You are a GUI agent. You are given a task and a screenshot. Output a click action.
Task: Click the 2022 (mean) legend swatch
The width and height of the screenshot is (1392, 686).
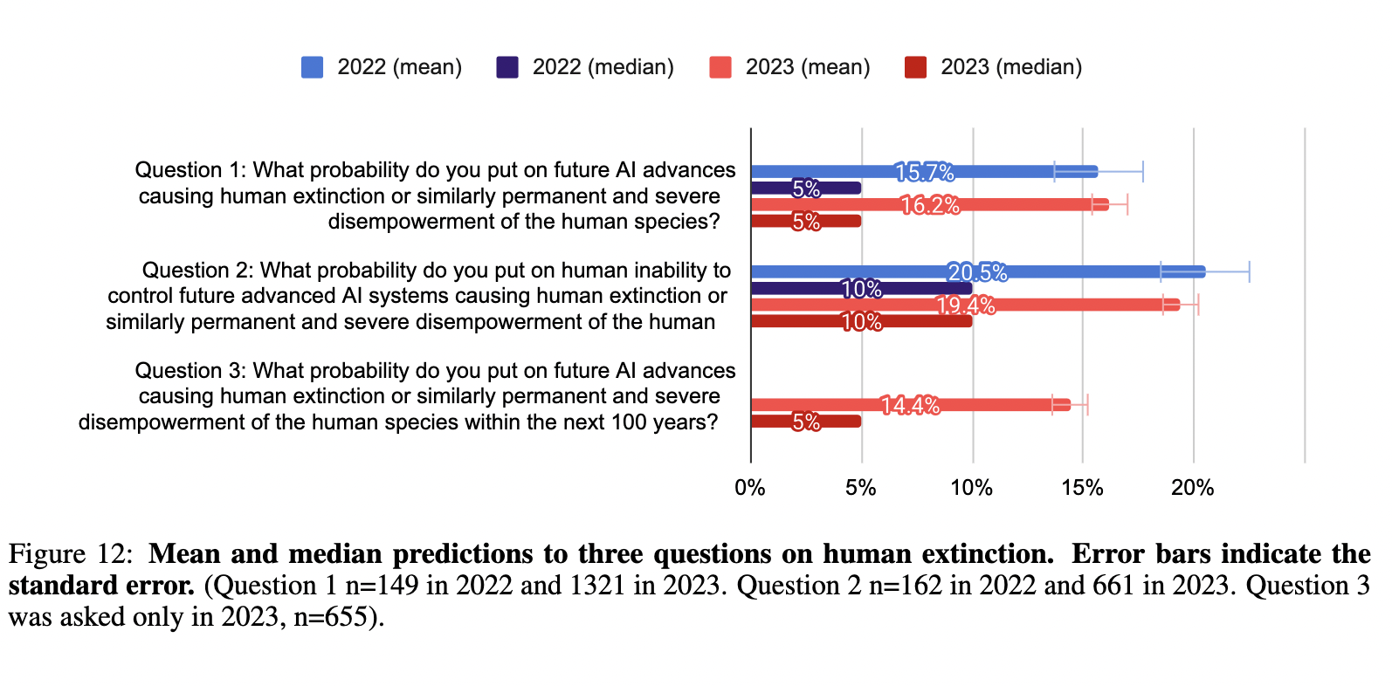tap(312, 67)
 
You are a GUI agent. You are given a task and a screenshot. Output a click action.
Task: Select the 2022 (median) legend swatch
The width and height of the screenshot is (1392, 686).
tap(507, 67)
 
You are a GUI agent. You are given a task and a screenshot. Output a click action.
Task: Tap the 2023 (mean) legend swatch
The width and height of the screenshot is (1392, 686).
tap(720, 67)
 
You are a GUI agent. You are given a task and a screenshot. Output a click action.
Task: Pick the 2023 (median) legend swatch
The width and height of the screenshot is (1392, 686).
tap(915, 67)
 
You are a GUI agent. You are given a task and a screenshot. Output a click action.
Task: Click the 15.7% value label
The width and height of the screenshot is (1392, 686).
tap(924, 172)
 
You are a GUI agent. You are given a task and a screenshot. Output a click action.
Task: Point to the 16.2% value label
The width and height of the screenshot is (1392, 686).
tap(930, 205)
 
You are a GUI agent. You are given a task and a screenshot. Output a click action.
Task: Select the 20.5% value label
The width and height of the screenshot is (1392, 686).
tap(977, 272)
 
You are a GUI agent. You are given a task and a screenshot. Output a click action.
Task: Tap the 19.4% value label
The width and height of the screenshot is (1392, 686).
tap(965, 305)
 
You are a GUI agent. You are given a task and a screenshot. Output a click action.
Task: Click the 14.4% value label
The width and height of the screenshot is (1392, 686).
tap(910, 405)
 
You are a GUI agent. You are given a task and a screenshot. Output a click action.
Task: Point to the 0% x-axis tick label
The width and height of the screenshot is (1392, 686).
tap(749, 488)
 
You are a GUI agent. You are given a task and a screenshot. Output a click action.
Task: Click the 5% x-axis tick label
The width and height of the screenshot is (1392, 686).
tap(860, 488)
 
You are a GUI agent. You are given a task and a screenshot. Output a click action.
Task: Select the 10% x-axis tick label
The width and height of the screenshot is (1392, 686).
tap(971, 488)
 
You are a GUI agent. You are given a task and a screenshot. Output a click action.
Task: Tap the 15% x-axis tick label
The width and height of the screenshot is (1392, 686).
tap(1082, 488)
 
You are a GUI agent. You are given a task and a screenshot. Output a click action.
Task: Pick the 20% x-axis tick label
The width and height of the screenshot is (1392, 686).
tap(1192, 488)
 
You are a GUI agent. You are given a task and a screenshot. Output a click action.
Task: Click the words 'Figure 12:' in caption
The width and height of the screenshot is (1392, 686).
tap(71, 554)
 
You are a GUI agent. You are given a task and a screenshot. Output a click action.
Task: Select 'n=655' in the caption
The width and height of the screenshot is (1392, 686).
tap(330, 616)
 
